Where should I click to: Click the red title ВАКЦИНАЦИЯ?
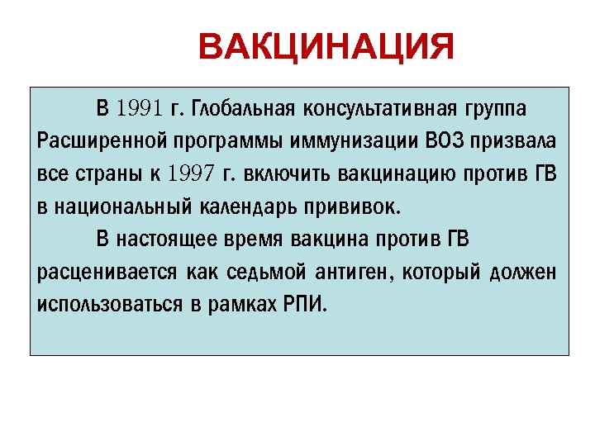(326, 48)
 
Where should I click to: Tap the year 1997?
(191, 173)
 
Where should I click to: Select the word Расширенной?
(93, 140)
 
